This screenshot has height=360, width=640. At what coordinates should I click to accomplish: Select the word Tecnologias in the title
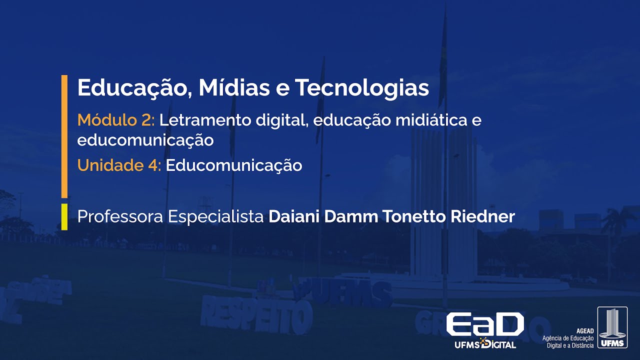(362, 88)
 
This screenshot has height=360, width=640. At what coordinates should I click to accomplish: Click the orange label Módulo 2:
(116, 120)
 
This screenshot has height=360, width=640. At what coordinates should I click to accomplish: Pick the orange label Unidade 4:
(119, 165)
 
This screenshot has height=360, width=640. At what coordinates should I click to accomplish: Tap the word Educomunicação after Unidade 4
(234, 165)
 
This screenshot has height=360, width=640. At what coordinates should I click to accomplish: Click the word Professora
(120, 217)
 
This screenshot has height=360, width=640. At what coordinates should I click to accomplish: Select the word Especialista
(215, 217)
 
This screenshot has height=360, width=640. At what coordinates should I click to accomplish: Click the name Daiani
(294, 217)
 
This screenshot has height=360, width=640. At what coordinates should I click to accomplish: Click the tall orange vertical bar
(64, 136)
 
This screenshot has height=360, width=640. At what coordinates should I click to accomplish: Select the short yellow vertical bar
(64, 216)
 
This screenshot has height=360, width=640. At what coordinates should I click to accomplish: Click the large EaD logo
(484, 324)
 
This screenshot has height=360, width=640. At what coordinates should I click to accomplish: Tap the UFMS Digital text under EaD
(485, 344)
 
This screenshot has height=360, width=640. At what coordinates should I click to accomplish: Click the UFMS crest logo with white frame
(612, 327)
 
